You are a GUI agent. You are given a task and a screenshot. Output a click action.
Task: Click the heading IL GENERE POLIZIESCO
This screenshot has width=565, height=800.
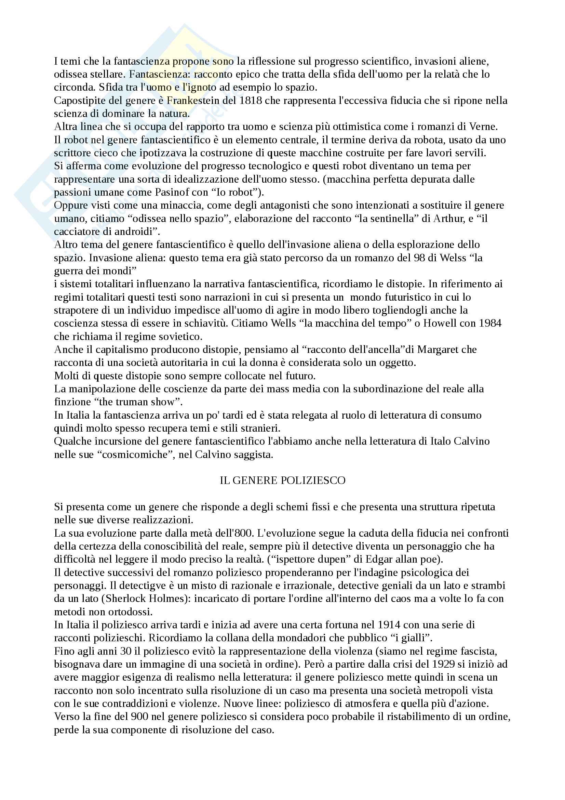282,481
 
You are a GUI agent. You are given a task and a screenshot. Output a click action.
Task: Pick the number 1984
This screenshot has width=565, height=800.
490,323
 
